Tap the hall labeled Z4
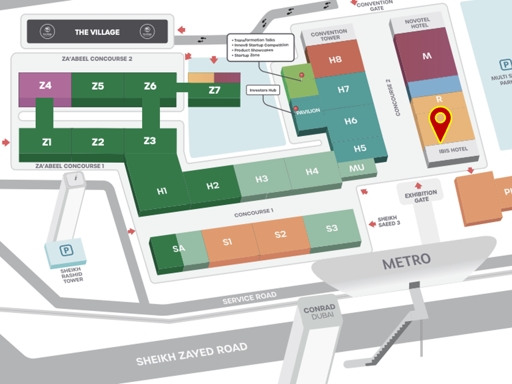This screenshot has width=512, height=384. click(x=45, y=86)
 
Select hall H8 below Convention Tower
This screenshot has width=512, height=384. click(x=335, y=60)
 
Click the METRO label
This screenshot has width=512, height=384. click(x=406, y=260)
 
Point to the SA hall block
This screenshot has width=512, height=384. click(x=178, y=248)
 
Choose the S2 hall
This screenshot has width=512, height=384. click(x=280, y=235)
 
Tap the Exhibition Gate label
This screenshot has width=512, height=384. click(x=420, y=196)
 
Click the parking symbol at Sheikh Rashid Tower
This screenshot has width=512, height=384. click(x=65, y=249)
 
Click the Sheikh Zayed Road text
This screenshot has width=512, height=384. click(x=192, y=354)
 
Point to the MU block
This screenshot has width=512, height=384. click(x=357, y=168)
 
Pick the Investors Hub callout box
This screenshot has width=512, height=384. click(x=264, y=90)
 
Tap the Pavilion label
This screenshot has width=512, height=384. click(x=308, y=110)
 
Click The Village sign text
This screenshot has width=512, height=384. click(x=97, y=32)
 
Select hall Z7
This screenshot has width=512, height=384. click(x=214, y=90)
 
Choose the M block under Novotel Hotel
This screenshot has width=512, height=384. click(x=427, y=56)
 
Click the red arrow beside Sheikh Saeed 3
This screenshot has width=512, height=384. click(x=371, y=223)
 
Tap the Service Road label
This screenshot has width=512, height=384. click(x=249, y=299)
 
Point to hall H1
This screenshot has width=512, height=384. click(x=162, y=191)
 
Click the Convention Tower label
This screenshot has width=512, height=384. click(x=329, y=35)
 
